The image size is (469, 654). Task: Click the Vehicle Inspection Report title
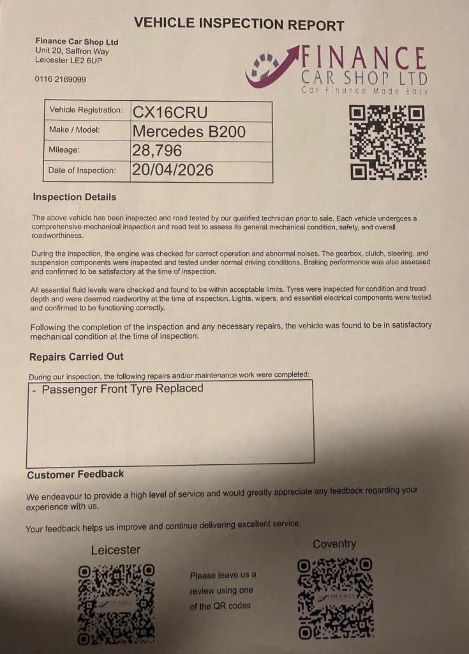point(239,25)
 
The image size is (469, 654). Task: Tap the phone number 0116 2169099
point(61,80)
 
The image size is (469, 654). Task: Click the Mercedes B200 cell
point(188,131)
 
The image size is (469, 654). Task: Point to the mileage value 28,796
point(156,151)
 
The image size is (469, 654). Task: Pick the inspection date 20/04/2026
point(172,171)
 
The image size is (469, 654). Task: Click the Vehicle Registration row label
point(86,110)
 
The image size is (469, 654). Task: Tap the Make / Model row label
point(75,130)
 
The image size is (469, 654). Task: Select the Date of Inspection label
point(82,171)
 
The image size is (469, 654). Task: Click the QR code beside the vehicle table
point(388,142)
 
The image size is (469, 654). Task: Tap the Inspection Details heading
point(75,197)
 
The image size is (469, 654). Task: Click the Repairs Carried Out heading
point(77,356)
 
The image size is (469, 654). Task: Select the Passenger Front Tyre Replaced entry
point(123,389)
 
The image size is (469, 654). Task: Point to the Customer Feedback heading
point(75,474)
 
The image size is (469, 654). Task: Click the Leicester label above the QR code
point(115,550)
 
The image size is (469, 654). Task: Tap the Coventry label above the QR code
point(334,544)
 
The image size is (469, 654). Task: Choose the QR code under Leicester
point(116,604)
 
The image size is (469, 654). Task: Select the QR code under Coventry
point(336,599)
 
